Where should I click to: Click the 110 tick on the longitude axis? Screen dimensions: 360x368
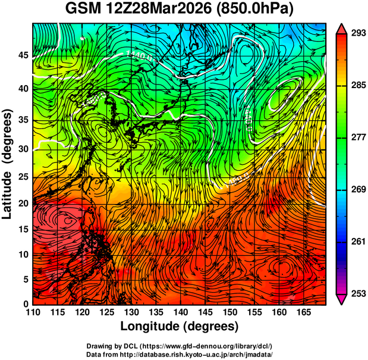tap(33, 312)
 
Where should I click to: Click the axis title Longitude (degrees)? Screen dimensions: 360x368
tap(179, 327)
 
